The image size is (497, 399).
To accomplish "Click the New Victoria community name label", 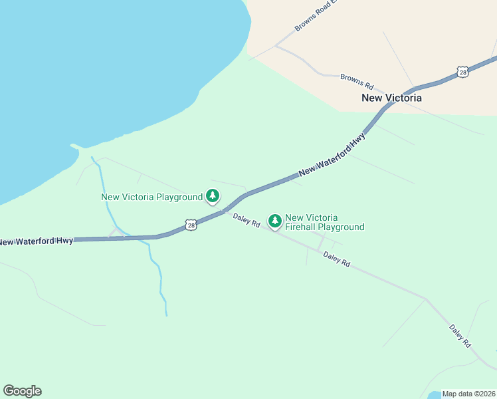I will (391, 98).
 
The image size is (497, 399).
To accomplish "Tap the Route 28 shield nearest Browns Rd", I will (462, 71).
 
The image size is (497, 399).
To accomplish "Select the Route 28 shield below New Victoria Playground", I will (191, 225).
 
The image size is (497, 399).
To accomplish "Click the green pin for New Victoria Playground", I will (213, 196).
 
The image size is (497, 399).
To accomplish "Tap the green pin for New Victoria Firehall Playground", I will (274, 220).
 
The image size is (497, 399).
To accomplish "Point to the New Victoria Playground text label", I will (151, 197).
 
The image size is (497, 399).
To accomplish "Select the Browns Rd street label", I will (357, 80).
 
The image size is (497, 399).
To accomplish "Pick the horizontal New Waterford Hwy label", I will (37, 241).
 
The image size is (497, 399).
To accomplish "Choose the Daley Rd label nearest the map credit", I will (460, 336).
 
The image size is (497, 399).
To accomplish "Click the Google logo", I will (22, 391).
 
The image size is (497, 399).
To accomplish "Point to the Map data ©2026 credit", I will (468, 394).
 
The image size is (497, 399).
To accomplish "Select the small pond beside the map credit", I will (433, 395).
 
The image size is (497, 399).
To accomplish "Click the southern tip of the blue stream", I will (166, 315).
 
